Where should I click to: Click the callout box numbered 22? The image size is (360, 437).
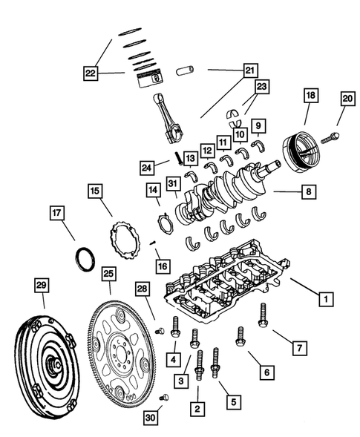[x=91, y=73]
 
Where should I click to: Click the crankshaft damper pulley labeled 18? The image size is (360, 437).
[x=305, y=152]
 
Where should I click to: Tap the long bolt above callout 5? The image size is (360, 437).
[x=217, y=364]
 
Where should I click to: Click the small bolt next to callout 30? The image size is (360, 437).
[x=165, y=398]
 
